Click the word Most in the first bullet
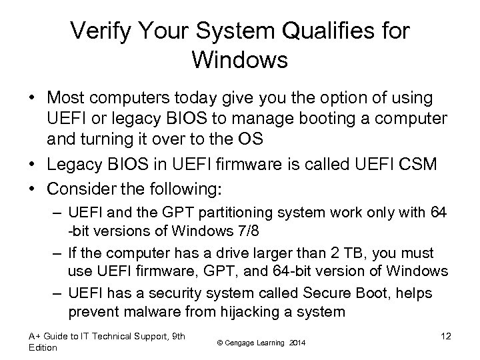(65, 99)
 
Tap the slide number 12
(446, 336)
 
